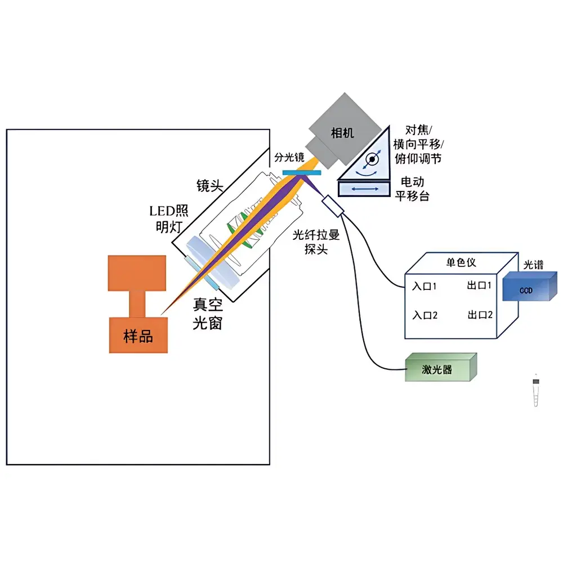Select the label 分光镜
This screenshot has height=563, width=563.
pos(289,158)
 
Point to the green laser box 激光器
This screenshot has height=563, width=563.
pos(440,369)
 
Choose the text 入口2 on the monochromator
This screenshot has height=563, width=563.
pos(425,315)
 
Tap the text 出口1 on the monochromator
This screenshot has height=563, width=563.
pos(480,285)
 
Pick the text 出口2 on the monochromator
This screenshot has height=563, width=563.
pos(480,315)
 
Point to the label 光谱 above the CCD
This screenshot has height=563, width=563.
pos(534,265)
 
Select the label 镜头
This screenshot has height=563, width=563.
pos(209,186)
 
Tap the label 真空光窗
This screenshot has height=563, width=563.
pos(208,314)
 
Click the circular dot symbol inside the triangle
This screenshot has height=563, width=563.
pos(372,160)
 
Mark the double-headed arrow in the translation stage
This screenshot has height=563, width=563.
pos(365,190)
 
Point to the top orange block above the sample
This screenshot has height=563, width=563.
pos(137,273)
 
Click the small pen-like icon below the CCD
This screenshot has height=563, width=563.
pos(536,391)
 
